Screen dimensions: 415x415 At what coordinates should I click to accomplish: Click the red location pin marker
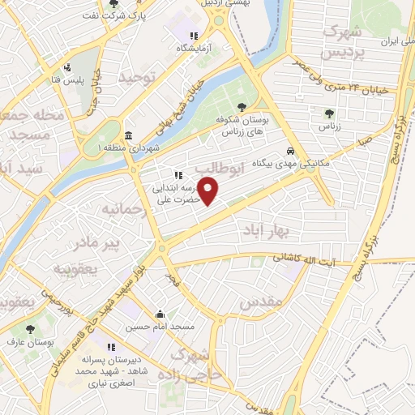[209, 191]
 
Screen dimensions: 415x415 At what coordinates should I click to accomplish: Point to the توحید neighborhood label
[135, 78]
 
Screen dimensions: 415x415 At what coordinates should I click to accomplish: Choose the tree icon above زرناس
[329, 114]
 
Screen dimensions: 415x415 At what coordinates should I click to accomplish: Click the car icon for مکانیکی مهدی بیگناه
[289, 151]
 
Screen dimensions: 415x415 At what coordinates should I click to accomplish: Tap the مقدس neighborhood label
[261, 302]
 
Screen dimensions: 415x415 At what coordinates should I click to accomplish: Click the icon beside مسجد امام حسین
[160, 314]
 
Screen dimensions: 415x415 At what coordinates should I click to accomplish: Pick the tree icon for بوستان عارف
[31, 329]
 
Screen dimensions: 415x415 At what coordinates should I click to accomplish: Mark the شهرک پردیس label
[340, 42]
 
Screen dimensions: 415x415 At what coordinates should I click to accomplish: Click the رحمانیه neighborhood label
[123, 209]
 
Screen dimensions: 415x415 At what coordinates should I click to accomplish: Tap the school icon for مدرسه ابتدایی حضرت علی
[178, 174]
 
